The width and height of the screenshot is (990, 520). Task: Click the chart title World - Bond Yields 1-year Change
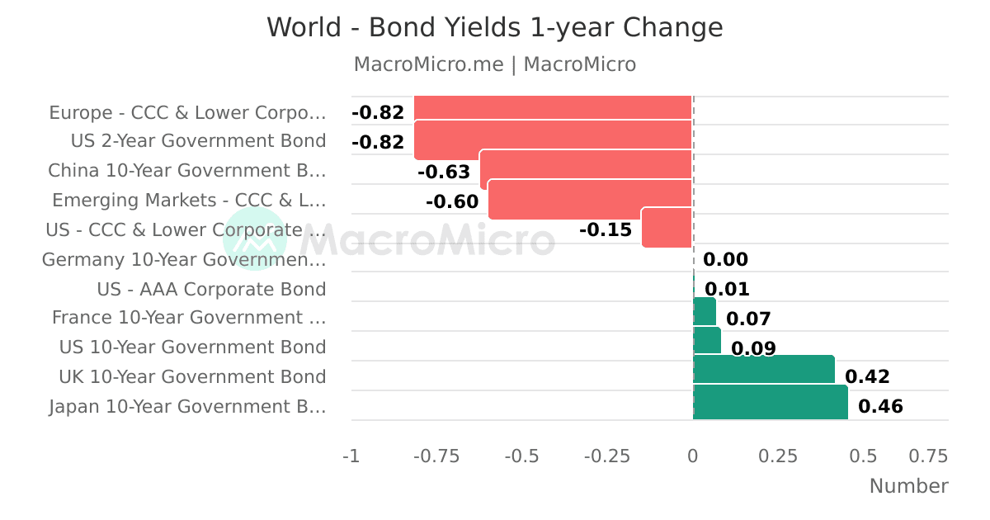point(495,27)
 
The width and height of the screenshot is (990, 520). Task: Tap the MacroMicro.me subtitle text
point(429,64)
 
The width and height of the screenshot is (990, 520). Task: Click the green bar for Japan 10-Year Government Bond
point(771,402)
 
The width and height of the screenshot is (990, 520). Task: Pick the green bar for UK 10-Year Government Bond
point(764,369)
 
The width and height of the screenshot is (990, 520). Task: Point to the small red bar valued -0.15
point(667,227)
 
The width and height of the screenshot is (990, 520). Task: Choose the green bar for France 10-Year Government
point(705,311)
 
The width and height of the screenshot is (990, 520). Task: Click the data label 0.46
point(880,406)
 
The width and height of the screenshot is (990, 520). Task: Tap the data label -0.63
point(444,172)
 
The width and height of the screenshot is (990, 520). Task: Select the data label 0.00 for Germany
point(725,259)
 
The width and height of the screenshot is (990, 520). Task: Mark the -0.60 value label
point(452,201)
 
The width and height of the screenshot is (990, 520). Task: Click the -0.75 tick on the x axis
point(436,456)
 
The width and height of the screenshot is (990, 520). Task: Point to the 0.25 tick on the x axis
point(778,456)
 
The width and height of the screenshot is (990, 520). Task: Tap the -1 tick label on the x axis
point(351,456)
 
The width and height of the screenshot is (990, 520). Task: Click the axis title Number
point(908,486)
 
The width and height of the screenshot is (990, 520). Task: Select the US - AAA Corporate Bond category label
point(211,289)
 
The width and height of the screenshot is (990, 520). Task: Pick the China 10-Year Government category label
point(187,171)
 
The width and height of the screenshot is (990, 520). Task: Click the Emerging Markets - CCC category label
point(189,201)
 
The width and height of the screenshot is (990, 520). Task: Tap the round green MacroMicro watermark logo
point(255,239)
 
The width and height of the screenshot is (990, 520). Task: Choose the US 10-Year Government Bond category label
point(193,347)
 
